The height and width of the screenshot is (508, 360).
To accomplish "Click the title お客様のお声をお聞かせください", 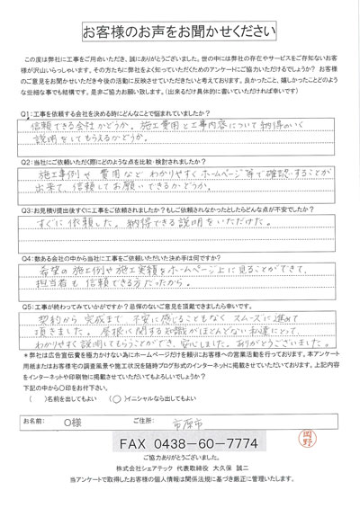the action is [x=180, y=33].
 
